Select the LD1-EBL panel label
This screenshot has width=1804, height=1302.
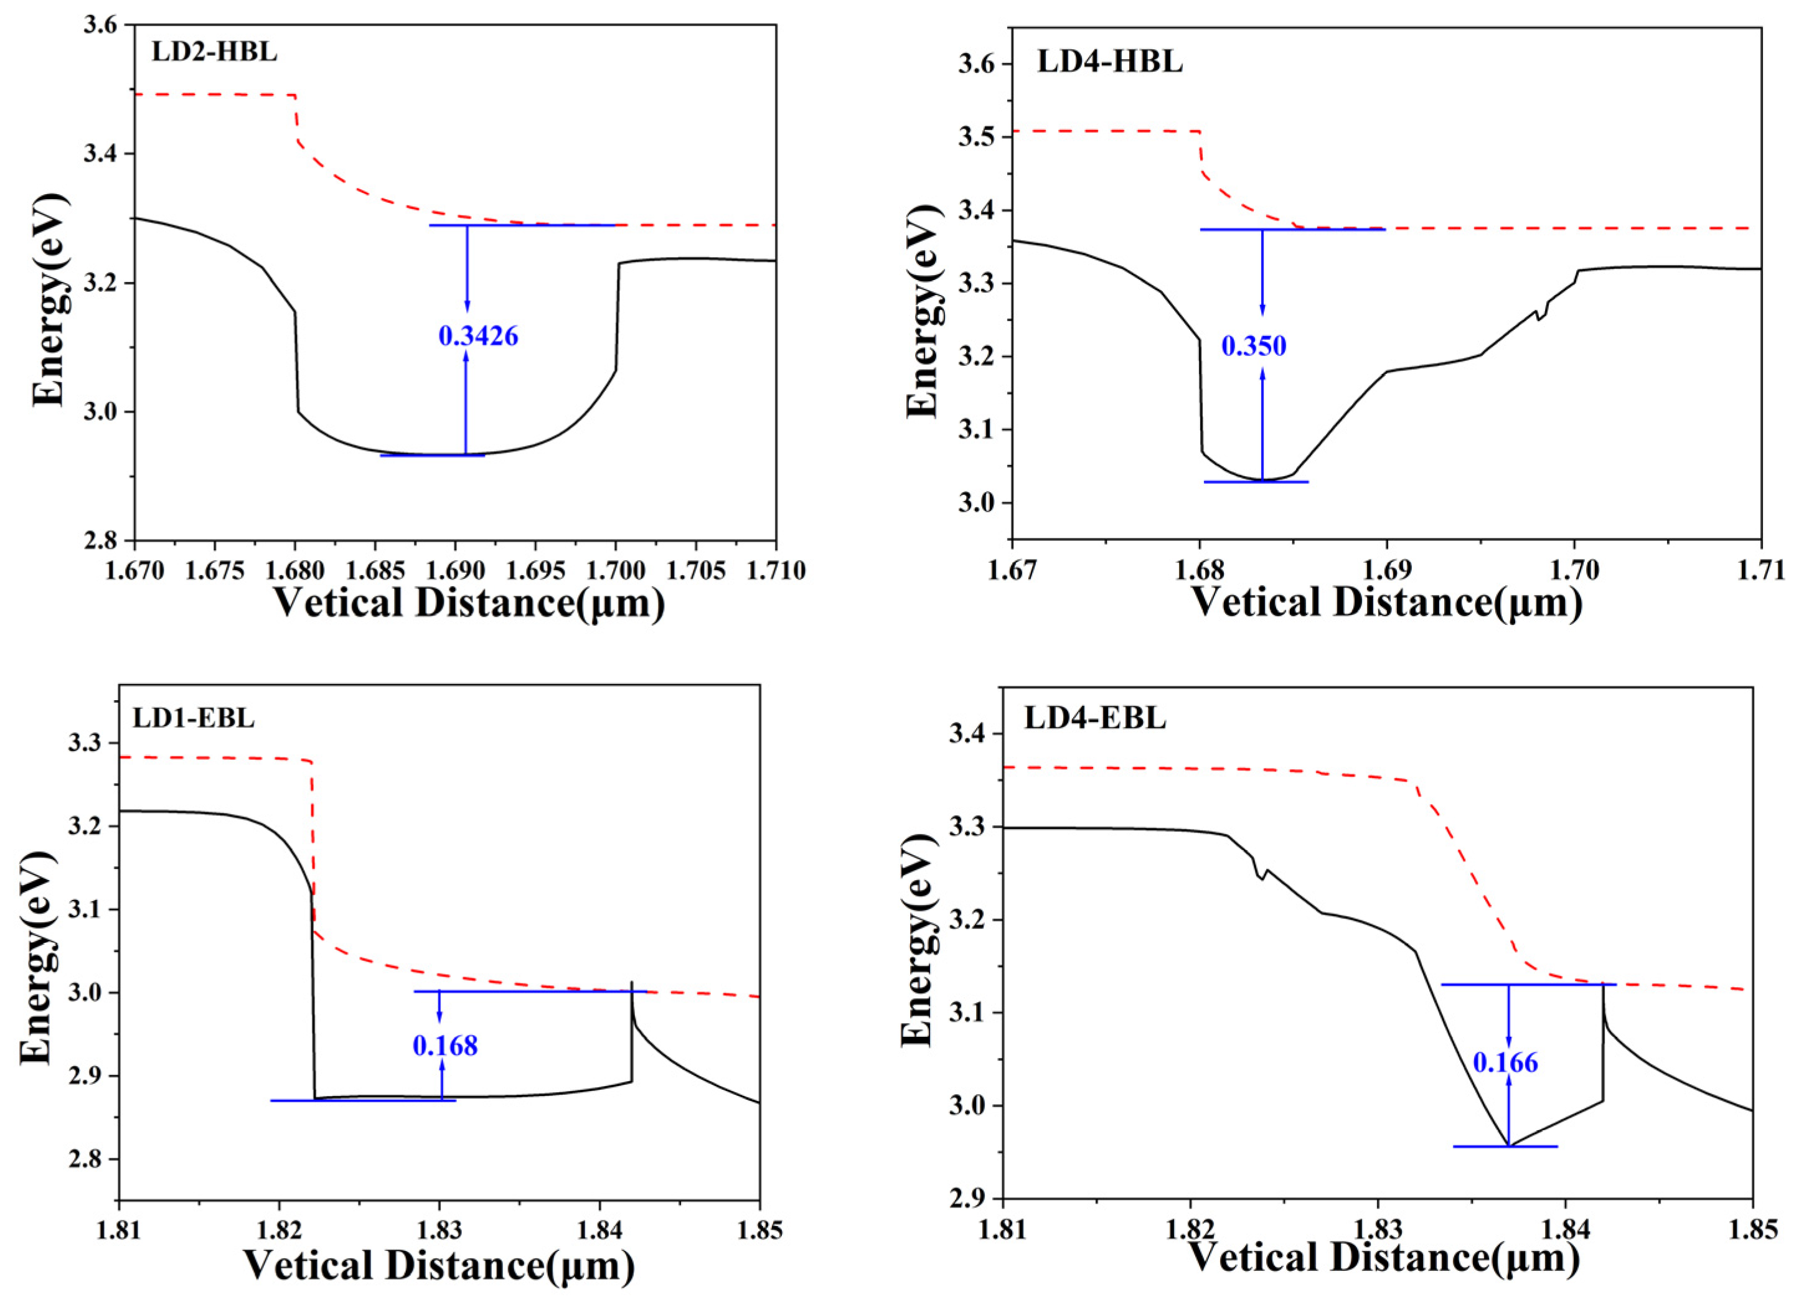[193, 718]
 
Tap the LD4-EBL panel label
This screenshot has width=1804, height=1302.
[1094, 718]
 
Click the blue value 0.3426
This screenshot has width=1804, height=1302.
[478, 337]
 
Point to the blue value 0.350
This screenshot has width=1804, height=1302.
[1254, 346]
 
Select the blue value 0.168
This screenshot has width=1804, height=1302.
[446, 1045]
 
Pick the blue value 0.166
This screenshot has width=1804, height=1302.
[1506, 1062]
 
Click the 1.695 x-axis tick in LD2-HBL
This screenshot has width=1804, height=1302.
[535, 571]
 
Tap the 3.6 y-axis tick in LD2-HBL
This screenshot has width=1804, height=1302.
[102, 26]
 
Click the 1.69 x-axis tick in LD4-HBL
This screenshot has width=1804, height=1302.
[1386, 571]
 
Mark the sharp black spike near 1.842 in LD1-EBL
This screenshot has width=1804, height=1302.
[632, 986]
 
